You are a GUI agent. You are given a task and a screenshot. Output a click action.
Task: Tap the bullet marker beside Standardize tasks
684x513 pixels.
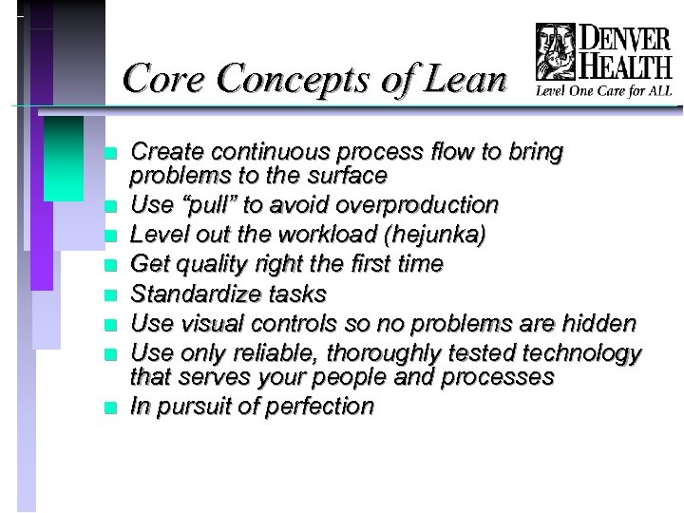(x=112, y=294)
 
